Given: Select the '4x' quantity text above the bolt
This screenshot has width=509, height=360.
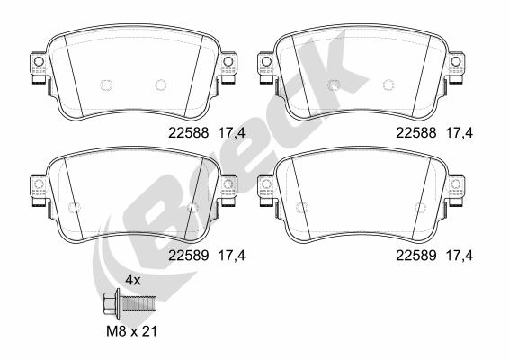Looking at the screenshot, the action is coord(133,280).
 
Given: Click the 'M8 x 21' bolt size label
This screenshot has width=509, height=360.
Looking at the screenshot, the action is coord(132,331).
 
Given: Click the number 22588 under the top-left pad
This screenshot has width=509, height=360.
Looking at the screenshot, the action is coord(188,132).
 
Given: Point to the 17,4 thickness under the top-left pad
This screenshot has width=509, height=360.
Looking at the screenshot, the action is coord(232,133).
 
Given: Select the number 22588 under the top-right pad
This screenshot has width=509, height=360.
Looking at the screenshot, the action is coord(415,132).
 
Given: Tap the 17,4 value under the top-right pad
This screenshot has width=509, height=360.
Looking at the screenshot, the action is coord(460,133).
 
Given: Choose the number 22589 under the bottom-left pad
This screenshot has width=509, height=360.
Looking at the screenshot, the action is coord(188,256).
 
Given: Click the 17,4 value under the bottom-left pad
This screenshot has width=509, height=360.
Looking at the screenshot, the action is coord(232,256).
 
